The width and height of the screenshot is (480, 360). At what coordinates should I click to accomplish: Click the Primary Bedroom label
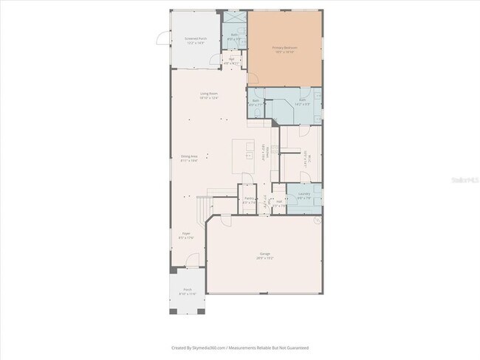(284, 49)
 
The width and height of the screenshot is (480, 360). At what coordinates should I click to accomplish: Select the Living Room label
(209, 95)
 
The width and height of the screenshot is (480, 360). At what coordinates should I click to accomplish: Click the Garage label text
(264, 255)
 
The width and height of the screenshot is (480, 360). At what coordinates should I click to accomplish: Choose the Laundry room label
(304, 196)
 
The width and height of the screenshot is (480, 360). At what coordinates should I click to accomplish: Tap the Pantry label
(249, 200)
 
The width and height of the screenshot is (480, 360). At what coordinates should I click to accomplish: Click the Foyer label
(185, 236)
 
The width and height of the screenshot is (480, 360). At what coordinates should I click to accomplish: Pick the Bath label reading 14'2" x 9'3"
(304, 103)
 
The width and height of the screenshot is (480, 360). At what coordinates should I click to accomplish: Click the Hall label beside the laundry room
(278, 203)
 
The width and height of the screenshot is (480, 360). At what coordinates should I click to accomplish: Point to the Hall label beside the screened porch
(231, 60)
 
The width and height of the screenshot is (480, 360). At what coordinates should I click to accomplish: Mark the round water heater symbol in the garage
(317, 220)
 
